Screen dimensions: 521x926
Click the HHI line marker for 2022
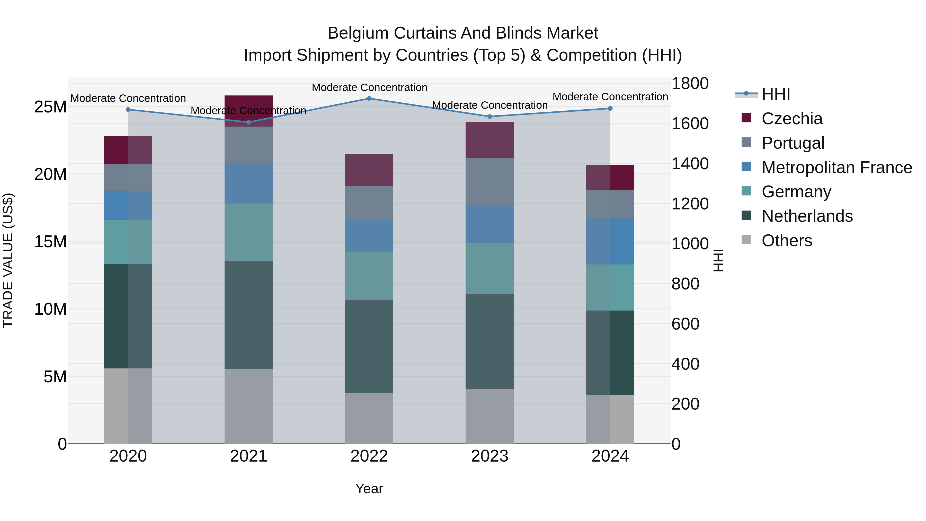(369, 98)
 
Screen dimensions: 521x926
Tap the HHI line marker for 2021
(249, 122)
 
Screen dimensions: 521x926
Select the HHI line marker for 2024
(610, 108)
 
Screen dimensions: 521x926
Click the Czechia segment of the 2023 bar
(489, 140)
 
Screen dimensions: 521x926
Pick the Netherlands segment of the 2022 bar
(369, 346)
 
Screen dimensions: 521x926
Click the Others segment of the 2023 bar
(489, 416)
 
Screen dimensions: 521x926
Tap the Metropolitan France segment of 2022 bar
(369, 236)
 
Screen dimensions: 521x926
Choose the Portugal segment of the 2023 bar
(489, 182)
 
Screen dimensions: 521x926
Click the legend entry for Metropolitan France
(836, 167)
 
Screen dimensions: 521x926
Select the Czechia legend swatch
(746, 118)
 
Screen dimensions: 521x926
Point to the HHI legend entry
(776, 94)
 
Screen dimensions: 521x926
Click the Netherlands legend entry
(807, 216)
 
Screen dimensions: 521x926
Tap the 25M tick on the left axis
(50, 107)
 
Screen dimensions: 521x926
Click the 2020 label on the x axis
(128, 456)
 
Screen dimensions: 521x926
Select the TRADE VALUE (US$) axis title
(8, 260)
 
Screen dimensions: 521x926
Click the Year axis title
(369, 489)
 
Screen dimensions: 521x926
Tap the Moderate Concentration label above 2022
(369, 87)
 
